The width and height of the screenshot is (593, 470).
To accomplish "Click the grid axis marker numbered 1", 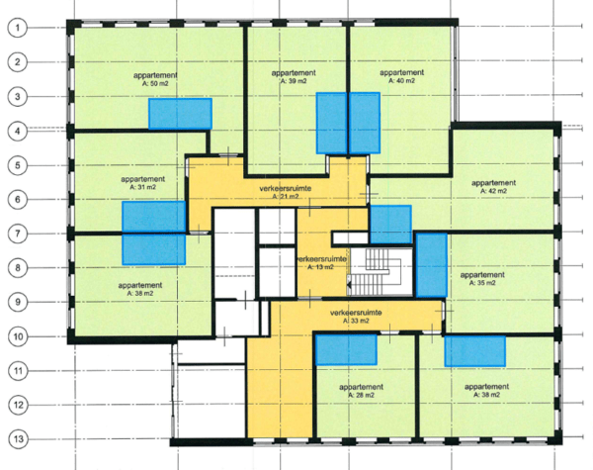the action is [18, 28].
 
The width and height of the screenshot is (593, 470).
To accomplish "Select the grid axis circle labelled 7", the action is [18, 234].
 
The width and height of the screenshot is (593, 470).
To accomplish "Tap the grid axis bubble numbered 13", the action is [19, 439].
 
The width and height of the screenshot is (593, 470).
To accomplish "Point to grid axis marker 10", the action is [18, 336].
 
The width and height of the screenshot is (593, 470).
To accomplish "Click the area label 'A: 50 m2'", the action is [155, 83].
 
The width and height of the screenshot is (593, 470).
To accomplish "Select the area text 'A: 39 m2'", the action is [294, 81].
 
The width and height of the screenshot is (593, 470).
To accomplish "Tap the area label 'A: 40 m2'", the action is [401, 81].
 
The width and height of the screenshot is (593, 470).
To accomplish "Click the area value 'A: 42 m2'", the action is [493, 191].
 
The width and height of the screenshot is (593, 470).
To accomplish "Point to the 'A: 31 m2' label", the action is [142, 187].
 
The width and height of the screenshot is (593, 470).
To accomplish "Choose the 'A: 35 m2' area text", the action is [482, 283].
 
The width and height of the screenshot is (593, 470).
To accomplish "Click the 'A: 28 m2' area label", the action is [361, 395].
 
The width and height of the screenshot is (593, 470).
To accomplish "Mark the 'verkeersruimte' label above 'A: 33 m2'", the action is [356, 313].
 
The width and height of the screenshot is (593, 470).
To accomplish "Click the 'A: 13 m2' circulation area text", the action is [320, 267].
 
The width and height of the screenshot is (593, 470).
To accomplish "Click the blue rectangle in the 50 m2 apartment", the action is [180, 114].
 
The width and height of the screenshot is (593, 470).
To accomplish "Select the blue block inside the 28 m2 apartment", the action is [346, 349].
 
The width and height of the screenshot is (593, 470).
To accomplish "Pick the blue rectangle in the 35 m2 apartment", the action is [432, 265].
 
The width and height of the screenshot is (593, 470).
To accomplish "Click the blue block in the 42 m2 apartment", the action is [390, 225].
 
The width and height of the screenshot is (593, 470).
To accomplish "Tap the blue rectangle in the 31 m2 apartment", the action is [154, 217].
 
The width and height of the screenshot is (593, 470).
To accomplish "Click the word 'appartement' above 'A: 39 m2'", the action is [294, 72].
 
